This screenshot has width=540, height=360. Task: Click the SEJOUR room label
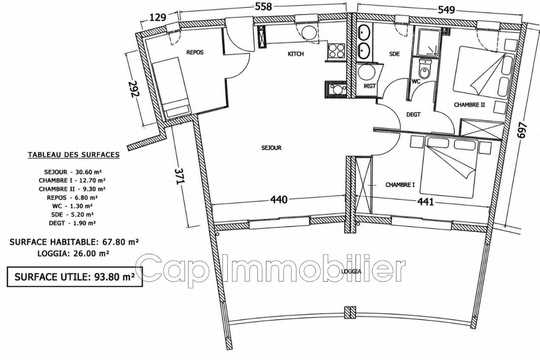tap(271, 148)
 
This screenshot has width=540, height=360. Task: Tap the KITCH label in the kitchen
tap(296, 54)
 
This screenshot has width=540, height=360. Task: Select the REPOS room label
tap(195, 52)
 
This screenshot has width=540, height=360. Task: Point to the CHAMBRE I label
tap(400, 184)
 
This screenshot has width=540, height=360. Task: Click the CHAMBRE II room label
tap(469, 105)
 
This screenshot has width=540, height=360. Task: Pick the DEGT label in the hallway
tap(413, 115)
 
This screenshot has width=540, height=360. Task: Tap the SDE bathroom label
tap(394, 54)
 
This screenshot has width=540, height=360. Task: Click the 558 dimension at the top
tap(264, 6)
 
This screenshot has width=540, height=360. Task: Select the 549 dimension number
tap(446, 9)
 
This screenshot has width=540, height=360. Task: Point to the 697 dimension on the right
tap(521, 130)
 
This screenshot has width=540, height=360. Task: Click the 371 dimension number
tap(179, 176)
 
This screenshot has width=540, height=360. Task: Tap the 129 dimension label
tap(158, 18)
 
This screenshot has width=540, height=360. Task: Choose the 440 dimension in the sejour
tap(279, 199)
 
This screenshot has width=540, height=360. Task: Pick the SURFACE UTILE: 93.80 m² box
tap(75, 277)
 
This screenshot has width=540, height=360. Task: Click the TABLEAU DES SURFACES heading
tap(74, 155)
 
